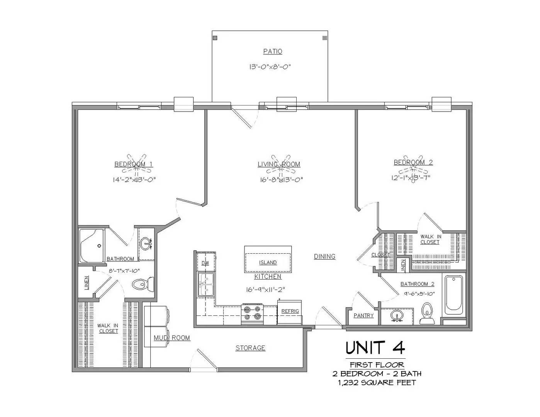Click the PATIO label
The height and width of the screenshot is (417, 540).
[273, 51]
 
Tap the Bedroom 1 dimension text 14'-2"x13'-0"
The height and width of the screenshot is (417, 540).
[134, 180]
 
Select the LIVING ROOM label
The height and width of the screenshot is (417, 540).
[279, 164]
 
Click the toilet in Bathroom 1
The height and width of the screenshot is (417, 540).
[143, 285]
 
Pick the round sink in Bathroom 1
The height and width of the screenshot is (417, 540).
[146, 243]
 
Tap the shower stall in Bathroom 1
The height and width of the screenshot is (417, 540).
[92, 246]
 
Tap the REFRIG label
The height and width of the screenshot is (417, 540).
[290, 311]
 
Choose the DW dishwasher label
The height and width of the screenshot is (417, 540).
[205, 263]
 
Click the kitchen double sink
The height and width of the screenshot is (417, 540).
[206, 285]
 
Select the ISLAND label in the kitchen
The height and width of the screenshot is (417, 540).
[268, 263]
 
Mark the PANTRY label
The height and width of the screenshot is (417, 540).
[363, 315]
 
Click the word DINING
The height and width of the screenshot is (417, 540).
[324, 256]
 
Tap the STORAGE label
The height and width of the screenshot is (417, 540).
[250, 348]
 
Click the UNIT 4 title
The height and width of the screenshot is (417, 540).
[375, 347]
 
